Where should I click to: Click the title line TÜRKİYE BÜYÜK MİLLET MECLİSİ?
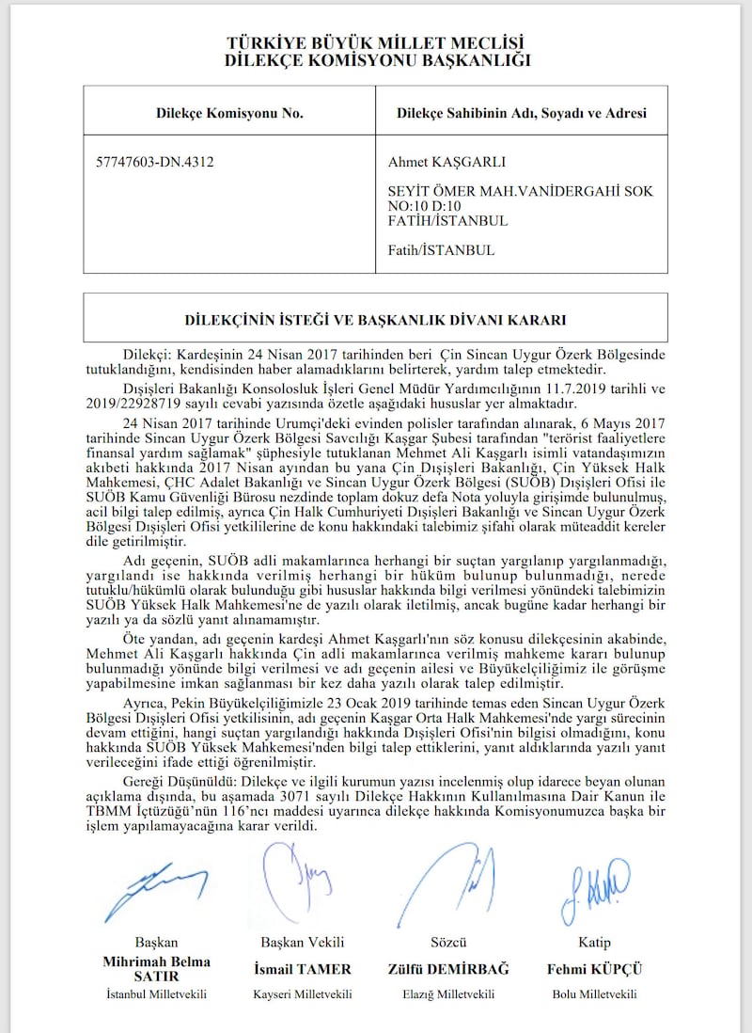(376, 43)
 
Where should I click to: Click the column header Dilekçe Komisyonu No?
(229, 113)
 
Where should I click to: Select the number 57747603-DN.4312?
(155, 162)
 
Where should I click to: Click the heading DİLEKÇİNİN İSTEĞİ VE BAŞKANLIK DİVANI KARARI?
(376, 319)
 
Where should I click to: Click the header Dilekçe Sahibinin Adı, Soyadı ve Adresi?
(521, 113)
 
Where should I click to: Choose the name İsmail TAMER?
(303, 968)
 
